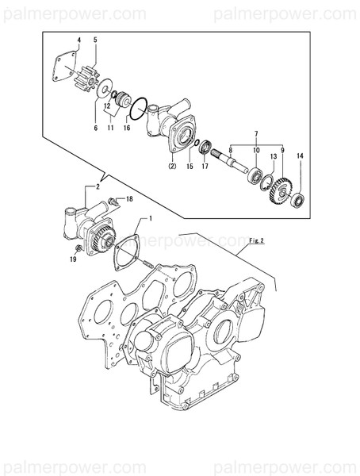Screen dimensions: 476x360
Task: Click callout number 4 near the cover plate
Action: tap(79, 39)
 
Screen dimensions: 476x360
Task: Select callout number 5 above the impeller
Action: tap(95, 39)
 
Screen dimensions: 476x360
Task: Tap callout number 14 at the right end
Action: tap(300, 157)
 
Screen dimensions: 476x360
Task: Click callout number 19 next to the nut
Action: tap(72, 259)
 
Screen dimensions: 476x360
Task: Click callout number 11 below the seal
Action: tap(111, 127)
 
